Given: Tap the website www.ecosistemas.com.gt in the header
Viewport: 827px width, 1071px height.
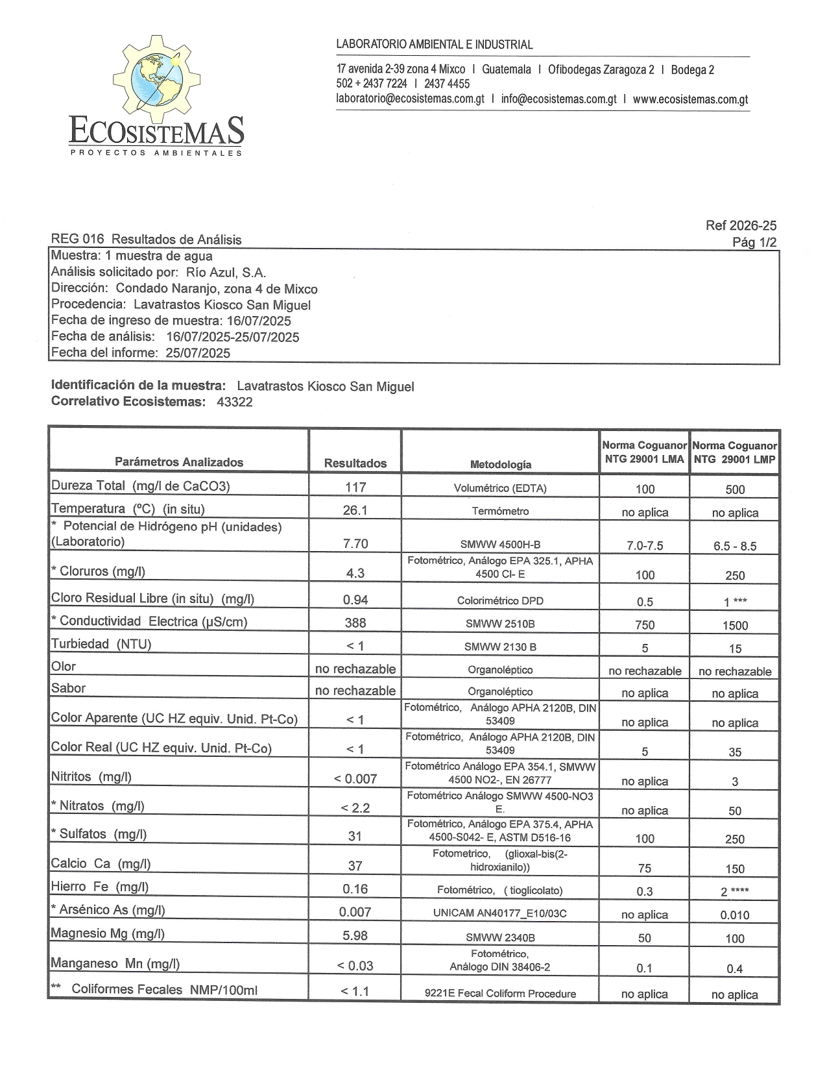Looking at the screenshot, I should coord(690,99).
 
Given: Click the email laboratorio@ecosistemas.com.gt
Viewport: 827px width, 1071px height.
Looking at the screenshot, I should coord(410,99).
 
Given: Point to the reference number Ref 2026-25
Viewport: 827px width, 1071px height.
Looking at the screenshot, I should coord(741,226).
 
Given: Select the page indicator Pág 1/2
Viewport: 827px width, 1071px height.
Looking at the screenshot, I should coord(754,243).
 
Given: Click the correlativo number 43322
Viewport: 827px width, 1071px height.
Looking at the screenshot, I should coord(235,402).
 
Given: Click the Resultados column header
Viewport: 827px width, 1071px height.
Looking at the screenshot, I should coord(355,463).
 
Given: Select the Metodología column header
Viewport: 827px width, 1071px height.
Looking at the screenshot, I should coord(500,464).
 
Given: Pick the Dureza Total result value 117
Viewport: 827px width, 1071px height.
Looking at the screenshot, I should coord(355,487).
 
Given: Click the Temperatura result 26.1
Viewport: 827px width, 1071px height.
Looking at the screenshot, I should coord(355,510).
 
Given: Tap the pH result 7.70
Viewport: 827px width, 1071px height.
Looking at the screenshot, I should coord(355,544).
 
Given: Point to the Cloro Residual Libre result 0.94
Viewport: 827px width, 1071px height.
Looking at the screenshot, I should coord(355,600).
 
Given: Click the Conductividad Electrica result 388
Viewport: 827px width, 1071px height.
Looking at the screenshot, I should coord(355,623).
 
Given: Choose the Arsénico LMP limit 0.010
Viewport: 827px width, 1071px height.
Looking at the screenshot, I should coord(735,915).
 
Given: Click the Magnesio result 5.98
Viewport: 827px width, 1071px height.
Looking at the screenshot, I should coord(355,935).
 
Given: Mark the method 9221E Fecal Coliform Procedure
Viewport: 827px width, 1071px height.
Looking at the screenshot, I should coord(500,993).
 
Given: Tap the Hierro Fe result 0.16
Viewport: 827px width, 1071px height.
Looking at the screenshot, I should coord(355,889).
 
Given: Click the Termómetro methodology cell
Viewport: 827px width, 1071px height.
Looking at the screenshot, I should coord(500,511).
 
